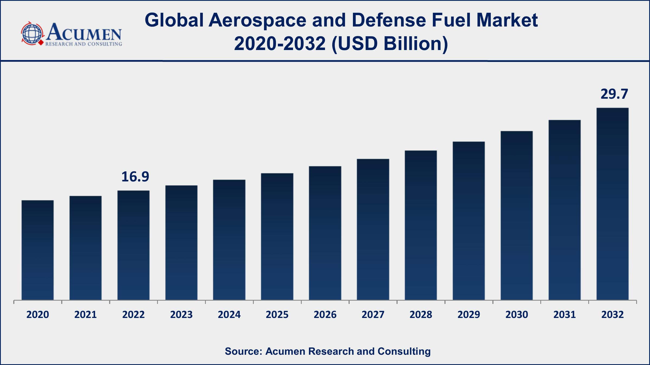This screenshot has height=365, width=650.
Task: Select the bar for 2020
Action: point(38,250)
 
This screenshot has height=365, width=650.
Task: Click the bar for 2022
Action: point(134,245)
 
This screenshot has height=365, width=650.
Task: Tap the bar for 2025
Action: point(277,237)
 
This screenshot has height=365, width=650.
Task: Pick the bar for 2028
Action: point(421,225)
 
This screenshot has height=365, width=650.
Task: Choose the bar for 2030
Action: point(517,215)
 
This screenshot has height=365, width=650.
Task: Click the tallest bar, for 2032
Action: point(613,204)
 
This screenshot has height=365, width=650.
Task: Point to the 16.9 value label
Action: point(135,177)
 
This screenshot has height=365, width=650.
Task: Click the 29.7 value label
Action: point(614,94)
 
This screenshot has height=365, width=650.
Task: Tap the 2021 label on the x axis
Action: point(86,315)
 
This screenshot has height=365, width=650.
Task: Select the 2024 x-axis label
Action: point(229,315)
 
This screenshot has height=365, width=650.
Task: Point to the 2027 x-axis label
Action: point(373,315)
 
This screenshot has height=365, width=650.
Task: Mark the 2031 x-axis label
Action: point(565,315)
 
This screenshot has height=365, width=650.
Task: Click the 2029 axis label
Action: point(469,315)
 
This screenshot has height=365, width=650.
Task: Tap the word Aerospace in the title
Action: point(257,20)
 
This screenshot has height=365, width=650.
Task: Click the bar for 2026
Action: point(325,233)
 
